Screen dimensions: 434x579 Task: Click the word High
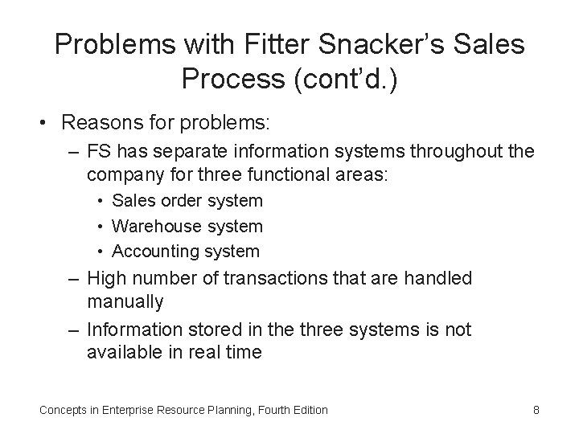click(x=106, y=279)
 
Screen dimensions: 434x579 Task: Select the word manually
click(x=125, y=301)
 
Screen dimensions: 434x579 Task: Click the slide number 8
click(x=536, y=410)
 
